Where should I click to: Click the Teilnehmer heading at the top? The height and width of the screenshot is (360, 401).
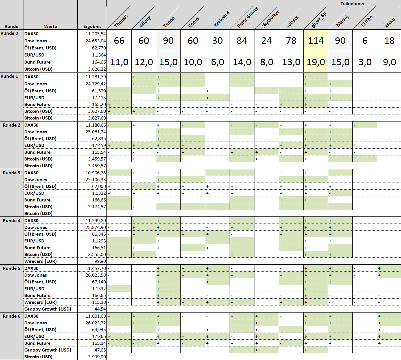352,4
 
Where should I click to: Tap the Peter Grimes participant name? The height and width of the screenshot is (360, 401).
247,18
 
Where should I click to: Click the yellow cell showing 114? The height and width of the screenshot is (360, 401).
316,41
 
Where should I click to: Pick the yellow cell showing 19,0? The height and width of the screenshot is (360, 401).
316,62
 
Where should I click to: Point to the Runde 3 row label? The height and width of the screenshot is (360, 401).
12,173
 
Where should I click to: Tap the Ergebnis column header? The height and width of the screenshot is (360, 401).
92,27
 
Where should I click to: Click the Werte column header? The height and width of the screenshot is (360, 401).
51,27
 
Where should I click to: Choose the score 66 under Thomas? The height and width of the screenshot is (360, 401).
119,41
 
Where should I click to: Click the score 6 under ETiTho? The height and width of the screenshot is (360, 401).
365,41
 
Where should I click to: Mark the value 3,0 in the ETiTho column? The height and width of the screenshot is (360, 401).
365,62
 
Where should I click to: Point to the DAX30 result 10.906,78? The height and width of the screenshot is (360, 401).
96,173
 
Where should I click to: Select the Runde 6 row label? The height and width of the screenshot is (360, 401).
12,316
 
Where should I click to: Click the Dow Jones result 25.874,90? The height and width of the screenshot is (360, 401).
96,227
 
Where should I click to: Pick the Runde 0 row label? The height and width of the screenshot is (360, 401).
9,33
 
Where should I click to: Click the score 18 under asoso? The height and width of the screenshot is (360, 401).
389,41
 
